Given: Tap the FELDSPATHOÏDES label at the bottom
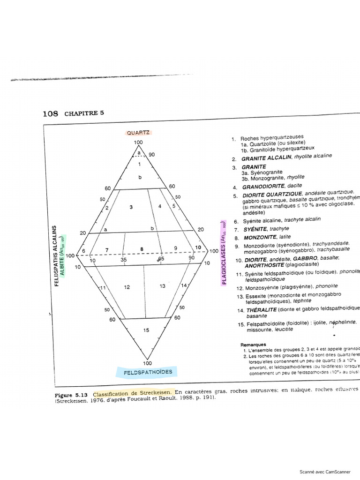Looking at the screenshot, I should point(148,372).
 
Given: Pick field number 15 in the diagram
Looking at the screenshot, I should point(146,330).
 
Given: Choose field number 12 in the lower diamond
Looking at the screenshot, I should point(127,287).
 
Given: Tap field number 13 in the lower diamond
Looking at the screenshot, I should point(162,286).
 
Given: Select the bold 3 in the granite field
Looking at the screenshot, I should point(131,207).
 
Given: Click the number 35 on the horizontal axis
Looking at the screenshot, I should point(124,259).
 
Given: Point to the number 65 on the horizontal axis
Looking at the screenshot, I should point(161,259).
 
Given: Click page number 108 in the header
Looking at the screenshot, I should point(50,114).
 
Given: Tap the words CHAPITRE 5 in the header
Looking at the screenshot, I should point(84,113).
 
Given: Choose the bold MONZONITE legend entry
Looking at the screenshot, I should point(257,238).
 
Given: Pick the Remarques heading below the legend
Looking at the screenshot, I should point(253,345).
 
